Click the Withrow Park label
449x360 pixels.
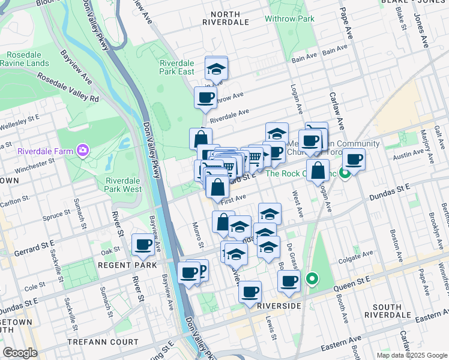click(x=290, y=19)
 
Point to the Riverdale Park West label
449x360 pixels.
click(x=124, y=185)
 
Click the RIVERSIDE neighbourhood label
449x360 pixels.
click(x=279, y=306)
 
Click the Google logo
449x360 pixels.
click(x=20, y=353)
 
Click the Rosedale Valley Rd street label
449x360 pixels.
click(x=68, y=87)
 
